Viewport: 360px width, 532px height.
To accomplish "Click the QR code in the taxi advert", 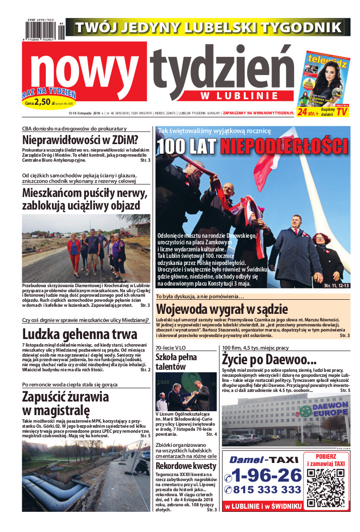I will click(x=325, y=487).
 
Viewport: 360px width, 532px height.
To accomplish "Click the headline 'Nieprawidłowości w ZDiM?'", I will click(x=81, y=141).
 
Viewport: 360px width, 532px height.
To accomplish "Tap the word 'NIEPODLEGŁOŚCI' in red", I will click(x=284, y=146).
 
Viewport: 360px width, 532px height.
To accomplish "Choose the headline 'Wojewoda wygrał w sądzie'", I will click(x=222, y=308).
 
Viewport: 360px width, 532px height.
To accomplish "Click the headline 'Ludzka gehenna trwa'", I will click(x=80, y=334).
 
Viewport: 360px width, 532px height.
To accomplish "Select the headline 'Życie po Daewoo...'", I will click(x=269, y=360).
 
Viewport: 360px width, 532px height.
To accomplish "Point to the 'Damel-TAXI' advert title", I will click(x=264, y=459).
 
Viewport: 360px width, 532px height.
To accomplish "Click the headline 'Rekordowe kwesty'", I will click(x=186, y=466).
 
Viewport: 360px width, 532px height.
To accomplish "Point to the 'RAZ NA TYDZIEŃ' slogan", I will click(x=49, y=94).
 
